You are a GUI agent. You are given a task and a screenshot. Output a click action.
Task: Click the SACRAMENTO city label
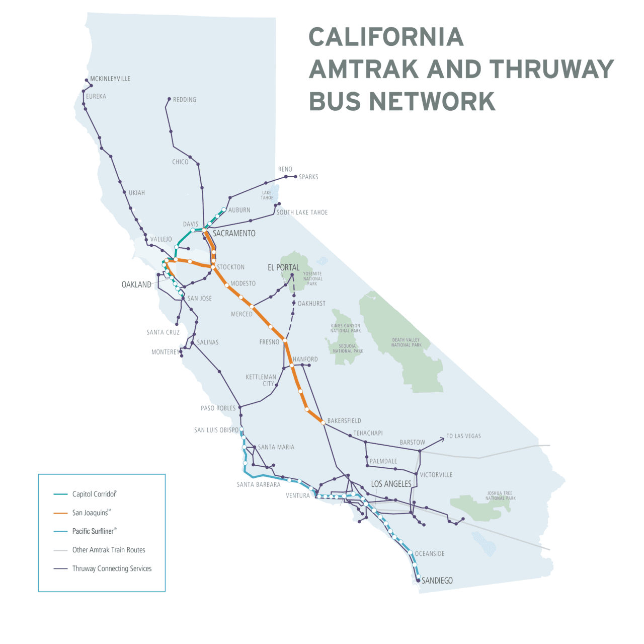234,234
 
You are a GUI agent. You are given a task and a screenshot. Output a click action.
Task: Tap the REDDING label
185,100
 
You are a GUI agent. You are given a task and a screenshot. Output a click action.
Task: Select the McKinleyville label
110,79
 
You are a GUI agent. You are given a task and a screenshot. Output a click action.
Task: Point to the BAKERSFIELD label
344,421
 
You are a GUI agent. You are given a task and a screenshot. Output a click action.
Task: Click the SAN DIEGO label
437,581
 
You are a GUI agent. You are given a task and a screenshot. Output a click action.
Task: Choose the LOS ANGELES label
391,484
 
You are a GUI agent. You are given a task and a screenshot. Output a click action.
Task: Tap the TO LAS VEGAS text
463,436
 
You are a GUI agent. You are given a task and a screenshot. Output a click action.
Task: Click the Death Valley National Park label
407,342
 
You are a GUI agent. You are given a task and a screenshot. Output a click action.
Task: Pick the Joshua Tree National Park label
500,496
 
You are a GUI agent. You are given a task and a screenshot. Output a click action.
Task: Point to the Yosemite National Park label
312,279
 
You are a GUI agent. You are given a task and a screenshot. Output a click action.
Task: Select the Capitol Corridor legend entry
94,494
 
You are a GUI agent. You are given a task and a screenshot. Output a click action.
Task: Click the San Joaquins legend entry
91,513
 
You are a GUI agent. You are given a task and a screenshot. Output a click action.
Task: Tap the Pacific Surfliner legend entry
94,531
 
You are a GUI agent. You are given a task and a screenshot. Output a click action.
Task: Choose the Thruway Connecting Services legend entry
112,568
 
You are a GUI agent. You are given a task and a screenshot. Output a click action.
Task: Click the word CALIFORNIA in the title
386,37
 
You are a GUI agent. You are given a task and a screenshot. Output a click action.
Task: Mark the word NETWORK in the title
432,102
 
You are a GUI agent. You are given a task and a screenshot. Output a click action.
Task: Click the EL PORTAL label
283,268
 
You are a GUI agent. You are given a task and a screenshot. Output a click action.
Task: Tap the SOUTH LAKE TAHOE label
302,212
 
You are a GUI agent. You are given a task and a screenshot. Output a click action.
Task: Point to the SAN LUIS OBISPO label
216,430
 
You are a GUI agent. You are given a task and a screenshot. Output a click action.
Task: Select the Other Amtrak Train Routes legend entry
109,550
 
